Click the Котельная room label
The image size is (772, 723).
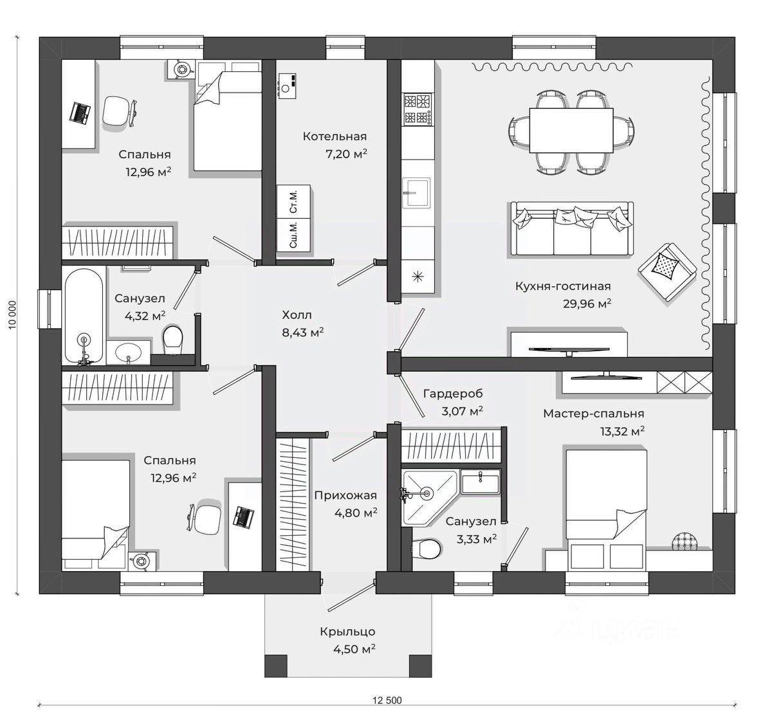click(x=335, y=136)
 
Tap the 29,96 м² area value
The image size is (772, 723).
click(x=587, y=304)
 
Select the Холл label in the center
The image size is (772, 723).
click(x=297, y=315)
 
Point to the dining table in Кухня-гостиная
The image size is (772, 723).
click(x=571, y=130)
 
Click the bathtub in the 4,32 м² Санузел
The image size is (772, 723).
click(x=84, y=316)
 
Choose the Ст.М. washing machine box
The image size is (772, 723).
click(x=293, y=201)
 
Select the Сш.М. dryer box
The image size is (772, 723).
click(x=293, y=235)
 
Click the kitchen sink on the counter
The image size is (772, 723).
click(x=416, y=192)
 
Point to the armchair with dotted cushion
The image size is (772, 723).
click(x=667, y=272)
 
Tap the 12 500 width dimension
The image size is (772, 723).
click(x=387, y=700)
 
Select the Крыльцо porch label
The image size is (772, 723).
click(x=347, y=632)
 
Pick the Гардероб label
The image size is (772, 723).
click(x=453, y=394)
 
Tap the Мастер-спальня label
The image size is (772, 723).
click(x=594, y=413)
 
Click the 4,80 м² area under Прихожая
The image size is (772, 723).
click(x=356, y=513)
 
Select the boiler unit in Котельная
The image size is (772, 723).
click(x=286, y=86)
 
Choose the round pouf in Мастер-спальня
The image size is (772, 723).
click(x=685, y=542)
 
